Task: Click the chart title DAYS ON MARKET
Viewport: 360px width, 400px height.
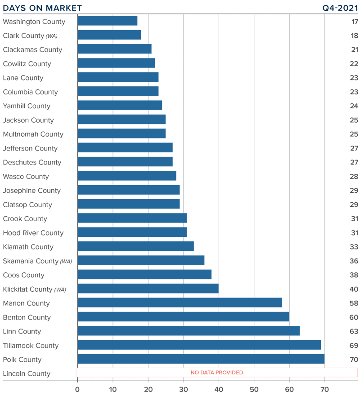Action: tap(43, 8)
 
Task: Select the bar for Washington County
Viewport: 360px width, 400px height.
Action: tap(107, 21)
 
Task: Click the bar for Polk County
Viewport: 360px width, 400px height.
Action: tap(201, 359)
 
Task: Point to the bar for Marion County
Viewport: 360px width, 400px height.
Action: tap(180, 303)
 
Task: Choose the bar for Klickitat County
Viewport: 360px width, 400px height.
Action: tap(148, 289)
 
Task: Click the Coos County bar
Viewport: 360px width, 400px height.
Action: tap(144, 275)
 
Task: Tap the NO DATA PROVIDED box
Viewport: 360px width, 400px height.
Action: tap(216, 373)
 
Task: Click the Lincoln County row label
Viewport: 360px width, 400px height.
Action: tap(27, 373)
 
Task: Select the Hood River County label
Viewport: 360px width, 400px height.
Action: tap(33, 233)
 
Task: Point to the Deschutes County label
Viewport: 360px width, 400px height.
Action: tap(32, 162)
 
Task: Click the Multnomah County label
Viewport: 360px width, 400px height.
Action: tap(33, 134)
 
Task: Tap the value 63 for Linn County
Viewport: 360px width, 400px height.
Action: tap(354, 331)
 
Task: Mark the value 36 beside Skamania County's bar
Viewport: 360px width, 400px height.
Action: tap(354, 261)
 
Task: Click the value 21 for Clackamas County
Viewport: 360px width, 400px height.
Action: tap(354, 49)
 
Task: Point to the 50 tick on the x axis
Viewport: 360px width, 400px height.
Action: tap(254, 389)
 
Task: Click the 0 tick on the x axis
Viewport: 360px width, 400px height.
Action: tap(77, 389)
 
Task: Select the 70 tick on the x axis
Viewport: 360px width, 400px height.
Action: tap(324, 389)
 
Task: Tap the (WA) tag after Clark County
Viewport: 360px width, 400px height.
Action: tap(52, 36)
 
